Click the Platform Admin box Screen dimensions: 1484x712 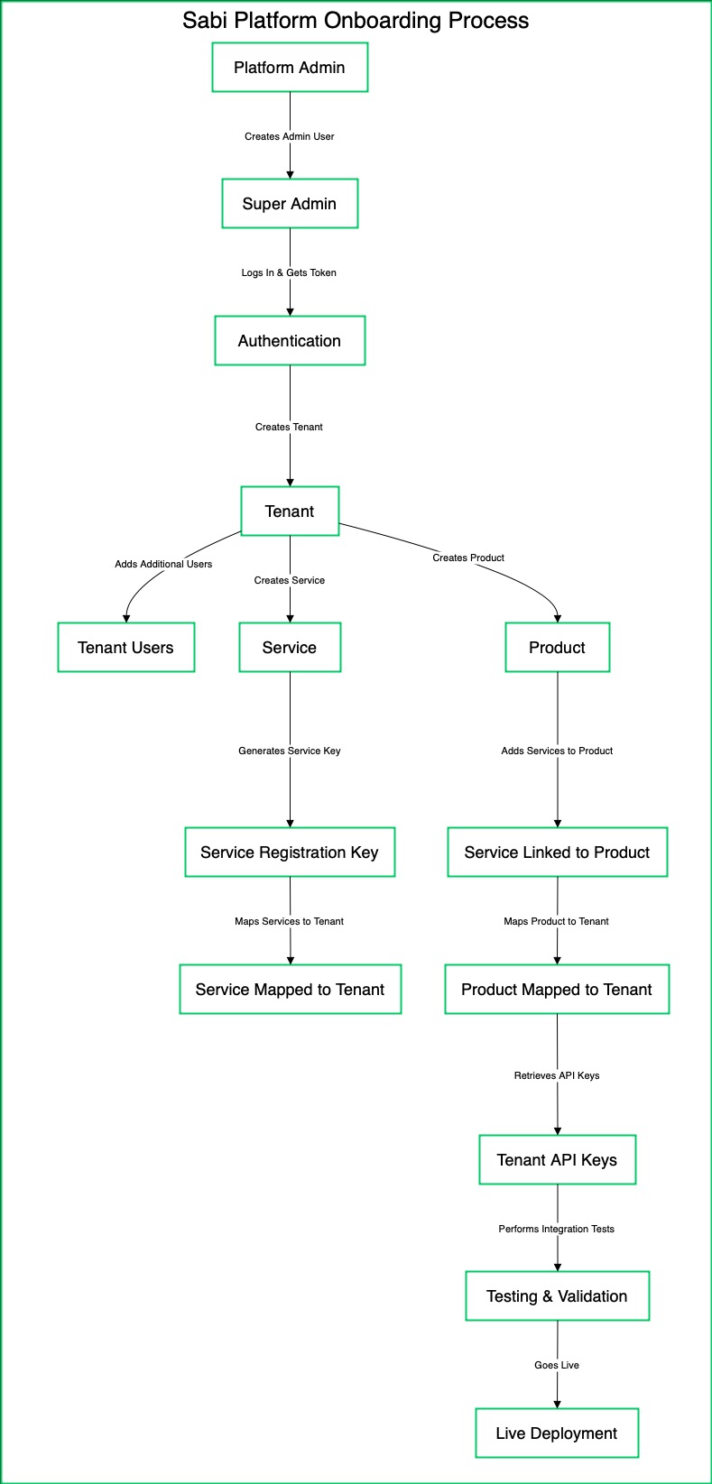tap(290, 68)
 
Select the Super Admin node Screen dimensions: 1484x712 tap(290, 204)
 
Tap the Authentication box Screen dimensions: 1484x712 tap(290, 341)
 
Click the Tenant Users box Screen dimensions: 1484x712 tap(126, 648)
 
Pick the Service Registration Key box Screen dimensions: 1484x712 tap(290, 853)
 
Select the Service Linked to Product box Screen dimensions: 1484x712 tap(557, 853)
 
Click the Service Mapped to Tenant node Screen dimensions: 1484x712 tap(290, 990)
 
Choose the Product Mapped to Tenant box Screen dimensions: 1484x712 tap(557, 990)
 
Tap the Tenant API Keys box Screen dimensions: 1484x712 tap(557, 1160)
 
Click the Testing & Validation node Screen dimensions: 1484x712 tap(557, 1296)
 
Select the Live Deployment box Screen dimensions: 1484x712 tap(557, 1433)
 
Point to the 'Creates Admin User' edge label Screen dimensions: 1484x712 tap(290, 137)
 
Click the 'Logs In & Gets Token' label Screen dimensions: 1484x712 tap(289, 273)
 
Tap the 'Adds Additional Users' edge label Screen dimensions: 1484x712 tap(163, 565)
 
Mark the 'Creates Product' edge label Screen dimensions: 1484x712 tap(468, 558)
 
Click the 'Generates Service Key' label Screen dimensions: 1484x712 tap(290, 751)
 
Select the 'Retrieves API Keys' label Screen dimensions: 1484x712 tap(557, 1076)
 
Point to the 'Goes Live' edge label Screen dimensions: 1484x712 tap(557, 1366)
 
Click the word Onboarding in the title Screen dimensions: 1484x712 tap(384, 21)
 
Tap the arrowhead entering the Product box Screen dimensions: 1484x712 tap(557, 618)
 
